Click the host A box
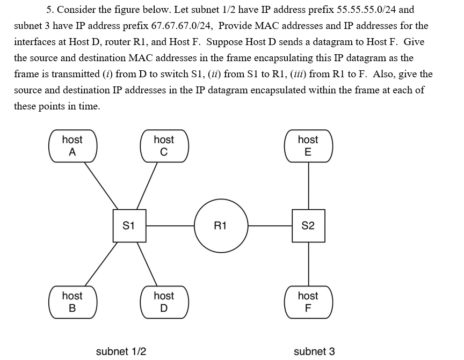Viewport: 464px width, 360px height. (x=73, y=145)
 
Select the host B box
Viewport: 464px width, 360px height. (x=73, y=302)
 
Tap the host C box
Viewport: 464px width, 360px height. (x=164, y=145)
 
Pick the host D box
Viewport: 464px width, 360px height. (x=164, y=302)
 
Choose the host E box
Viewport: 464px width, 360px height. (x=308, y=145)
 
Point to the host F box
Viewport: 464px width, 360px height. (x=308, y=302)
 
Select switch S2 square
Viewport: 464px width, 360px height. (x=308, y=226)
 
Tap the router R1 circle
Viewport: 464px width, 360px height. (x=221, y=226)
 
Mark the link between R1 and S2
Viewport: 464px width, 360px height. (x=270, y=226)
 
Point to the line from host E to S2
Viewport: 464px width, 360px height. (x=308, y=185)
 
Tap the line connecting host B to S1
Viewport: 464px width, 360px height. (x=100, y=265)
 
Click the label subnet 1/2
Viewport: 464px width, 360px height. (x=121, y=351)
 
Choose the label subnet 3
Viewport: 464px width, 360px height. (x=314, y=351)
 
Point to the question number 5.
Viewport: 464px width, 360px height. (x=50, y=10)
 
